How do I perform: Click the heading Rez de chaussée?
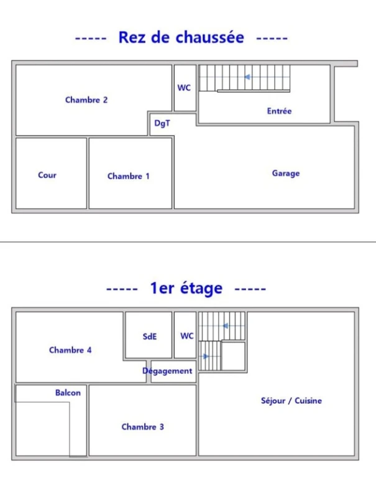pyautogui.click(x=181, y=37)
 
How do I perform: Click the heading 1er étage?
pyautogui.click(x=186, y=288)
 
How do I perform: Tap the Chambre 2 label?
pyautogui.click(x=86, y=100)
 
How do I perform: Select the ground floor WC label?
pyautogui.click(x=184, y=88)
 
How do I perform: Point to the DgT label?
pyautogui.click(x=162, y=123)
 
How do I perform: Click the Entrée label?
pyautogui.click(x=279, y=111)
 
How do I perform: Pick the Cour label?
pyautogui.click(x=47, y=175)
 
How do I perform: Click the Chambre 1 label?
pyautogui.click(x=129, y=176)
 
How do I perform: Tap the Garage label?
pyautogui.click(x=286, y=174)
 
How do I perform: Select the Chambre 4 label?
pyautogui.click(x=70, y=350)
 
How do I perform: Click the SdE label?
pyautogui.click(x=150, y=337)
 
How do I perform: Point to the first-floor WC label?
pyautogui.click(x=187, y=336)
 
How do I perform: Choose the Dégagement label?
pyautogui.click(x=167, y=371)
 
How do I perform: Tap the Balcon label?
pyautogui.click(x=68, y=393)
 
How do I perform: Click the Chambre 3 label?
pyautogui.click(x=143, y=427)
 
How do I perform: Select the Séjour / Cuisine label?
pyautogui.click(x=291, y=401)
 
